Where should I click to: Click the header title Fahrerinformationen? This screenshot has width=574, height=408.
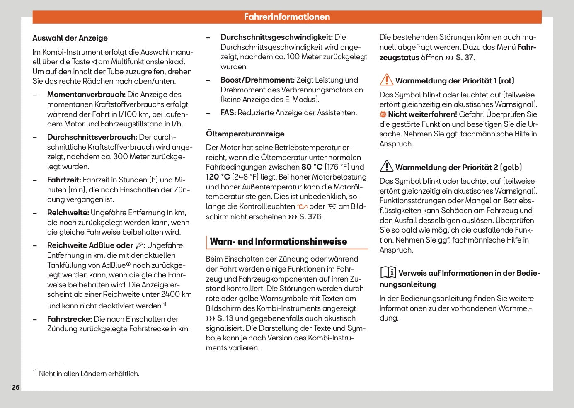[287, 17]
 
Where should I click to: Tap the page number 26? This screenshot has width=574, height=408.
[16, 387]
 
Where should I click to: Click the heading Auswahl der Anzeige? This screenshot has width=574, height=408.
[70, 38]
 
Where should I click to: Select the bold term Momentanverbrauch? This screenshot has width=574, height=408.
[86, 95]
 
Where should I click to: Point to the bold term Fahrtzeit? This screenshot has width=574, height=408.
[64, 180]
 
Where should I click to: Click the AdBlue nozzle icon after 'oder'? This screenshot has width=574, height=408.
[139, 246]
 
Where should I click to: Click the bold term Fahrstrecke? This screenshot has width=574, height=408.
[69, 319]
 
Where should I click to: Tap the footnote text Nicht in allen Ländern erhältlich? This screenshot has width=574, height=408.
[89, 374]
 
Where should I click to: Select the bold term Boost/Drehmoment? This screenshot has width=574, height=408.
[257, 80]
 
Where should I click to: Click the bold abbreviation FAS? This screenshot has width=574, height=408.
[228, 113]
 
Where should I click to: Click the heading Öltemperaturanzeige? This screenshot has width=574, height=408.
[245, 134]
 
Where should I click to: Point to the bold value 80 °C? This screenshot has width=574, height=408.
[312, 167]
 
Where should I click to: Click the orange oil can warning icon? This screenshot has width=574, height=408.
[302, 206]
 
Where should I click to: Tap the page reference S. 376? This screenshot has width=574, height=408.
[310, 217]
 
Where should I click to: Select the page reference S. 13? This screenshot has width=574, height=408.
[225, 318]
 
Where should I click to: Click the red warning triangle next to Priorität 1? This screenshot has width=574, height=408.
[386, 80]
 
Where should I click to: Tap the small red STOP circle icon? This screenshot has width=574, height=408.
[383, 114]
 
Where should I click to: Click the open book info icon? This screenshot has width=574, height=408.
[388, 272]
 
